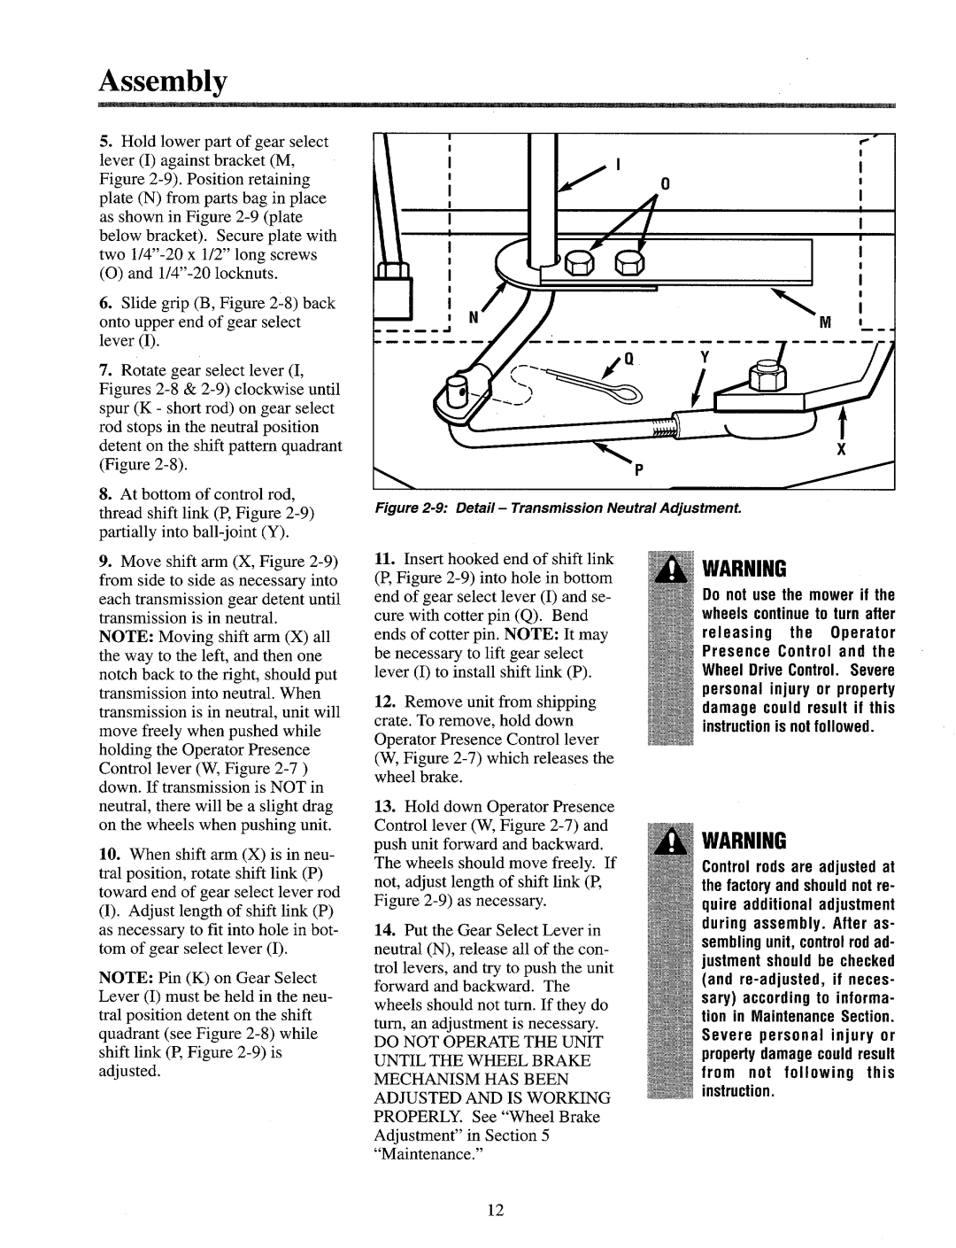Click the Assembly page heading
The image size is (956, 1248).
(164, 82)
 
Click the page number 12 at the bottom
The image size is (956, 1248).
(494, 1213)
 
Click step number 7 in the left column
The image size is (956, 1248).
(127, 370)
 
